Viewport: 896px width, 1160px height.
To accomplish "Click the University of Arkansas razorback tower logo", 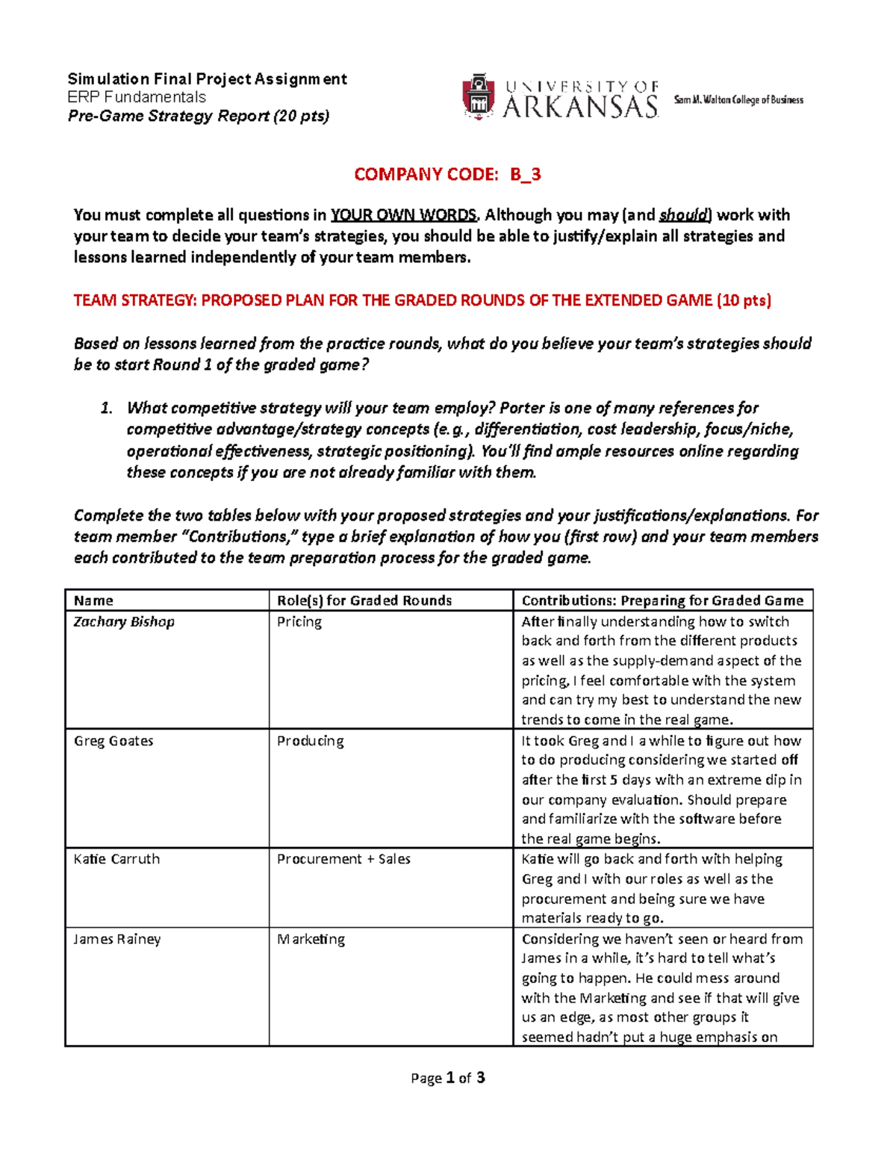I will pos(479,96).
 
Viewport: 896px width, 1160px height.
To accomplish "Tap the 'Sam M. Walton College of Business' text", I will pos(738,100).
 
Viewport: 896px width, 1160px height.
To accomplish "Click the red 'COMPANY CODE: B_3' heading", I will pos(447,175).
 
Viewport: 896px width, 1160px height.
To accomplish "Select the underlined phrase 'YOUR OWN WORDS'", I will pos(403,215).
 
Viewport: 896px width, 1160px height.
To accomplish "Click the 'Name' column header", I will pos(93,601).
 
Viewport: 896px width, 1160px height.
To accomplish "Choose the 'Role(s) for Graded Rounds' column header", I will pos(364,601).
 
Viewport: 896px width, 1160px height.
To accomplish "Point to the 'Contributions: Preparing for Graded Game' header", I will pos(662,601).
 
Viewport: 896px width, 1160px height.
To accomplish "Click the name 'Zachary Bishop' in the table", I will pos(124,621).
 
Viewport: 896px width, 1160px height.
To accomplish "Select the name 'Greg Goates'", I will pos(113,741).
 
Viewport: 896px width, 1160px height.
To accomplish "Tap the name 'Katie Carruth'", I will pos(116,859).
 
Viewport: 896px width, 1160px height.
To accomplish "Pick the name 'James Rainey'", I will pos(116,939).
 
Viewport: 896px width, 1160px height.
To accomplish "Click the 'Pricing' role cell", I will pos(299,621).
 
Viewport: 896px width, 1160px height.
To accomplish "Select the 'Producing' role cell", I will pos(311,741).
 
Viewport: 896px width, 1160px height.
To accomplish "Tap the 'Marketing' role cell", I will pos(311,939).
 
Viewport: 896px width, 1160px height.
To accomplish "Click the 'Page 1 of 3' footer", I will pos(448,1078).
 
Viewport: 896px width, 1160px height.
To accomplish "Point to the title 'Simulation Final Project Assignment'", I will pos(207,79).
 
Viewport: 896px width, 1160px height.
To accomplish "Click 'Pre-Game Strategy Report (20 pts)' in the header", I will pos(199,116).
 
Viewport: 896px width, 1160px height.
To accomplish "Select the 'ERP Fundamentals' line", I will pos(137,97).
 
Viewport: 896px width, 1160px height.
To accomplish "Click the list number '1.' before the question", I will pos(106,408).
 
